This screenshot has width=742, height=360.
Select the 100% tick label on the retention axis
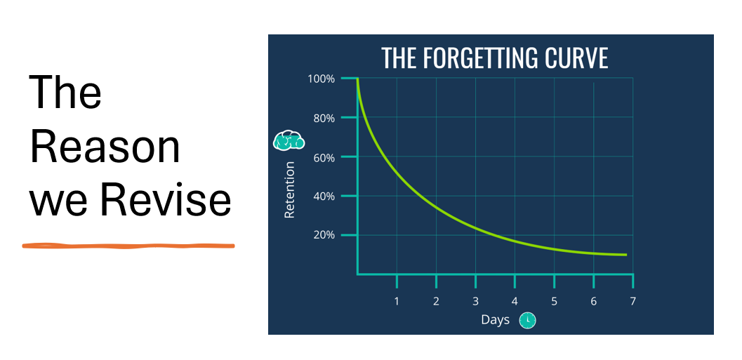(x=321, y=79)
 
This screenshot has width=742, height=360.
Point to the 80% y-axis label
(x=324, y=118)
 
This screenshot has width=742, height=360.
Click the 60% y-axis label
(x=324, y=157)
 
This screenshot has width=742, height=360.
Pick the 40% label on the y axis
(x=324, y=196)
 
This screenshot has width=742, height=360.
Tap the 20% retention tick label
(x=324, y=236)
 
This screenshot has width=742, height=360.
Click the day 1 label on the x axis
(x=397, y=301)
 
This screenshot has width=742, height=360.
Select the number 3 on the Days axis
(x=475, y=301)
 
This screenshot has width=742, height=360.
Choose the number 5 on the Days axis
(x=554, y=301)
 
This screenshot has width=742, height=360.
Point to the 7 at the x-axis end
(x=632, y=301)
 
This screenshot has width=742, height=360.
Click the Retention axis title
(x=289, y=189)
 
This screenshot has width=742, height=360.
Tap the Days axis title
(x=495, y=320)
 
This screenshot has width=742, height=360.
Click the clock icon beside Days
(x=527, y=320)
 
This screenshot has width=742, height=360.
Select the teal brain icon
(x=289, y=140)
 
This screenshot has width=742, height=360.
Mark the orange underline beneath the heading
(x=128, y=246)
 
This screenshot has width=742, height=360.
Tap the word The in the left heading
(x=65, y=91)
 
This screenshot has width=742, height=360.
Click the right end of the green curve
(x=626, y=255)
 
